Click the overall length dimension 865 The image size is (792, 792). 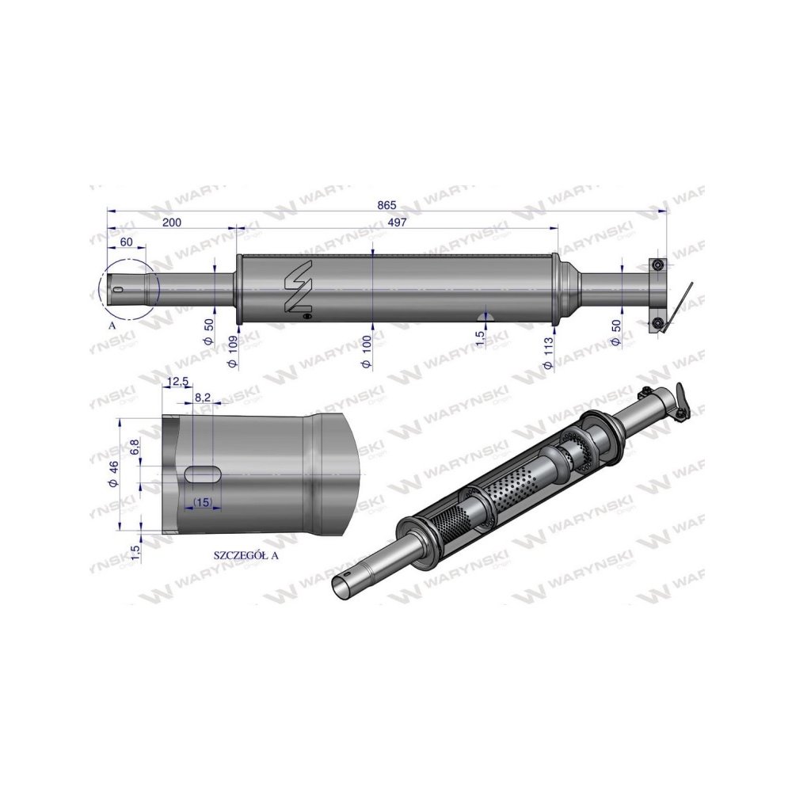(386, 204)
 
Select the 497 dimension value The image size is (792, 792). (398, 223)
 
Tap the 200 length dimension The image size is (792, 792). (172, 223)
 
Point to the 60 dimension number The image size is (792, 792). (127, 242)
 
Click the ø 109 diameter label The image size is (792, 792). (232, 351)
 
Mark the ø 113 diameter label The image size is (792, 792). (548, 351)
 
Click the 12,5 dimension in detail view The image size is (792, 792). (178, 383)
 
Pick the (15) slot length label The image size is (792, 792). (201, 502)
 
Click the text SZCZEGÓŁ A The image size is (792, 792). (247, 555)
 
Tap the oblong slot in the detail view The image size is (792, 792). (204, 473)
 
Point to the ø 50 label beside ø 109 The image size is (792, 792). (208, 330)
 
